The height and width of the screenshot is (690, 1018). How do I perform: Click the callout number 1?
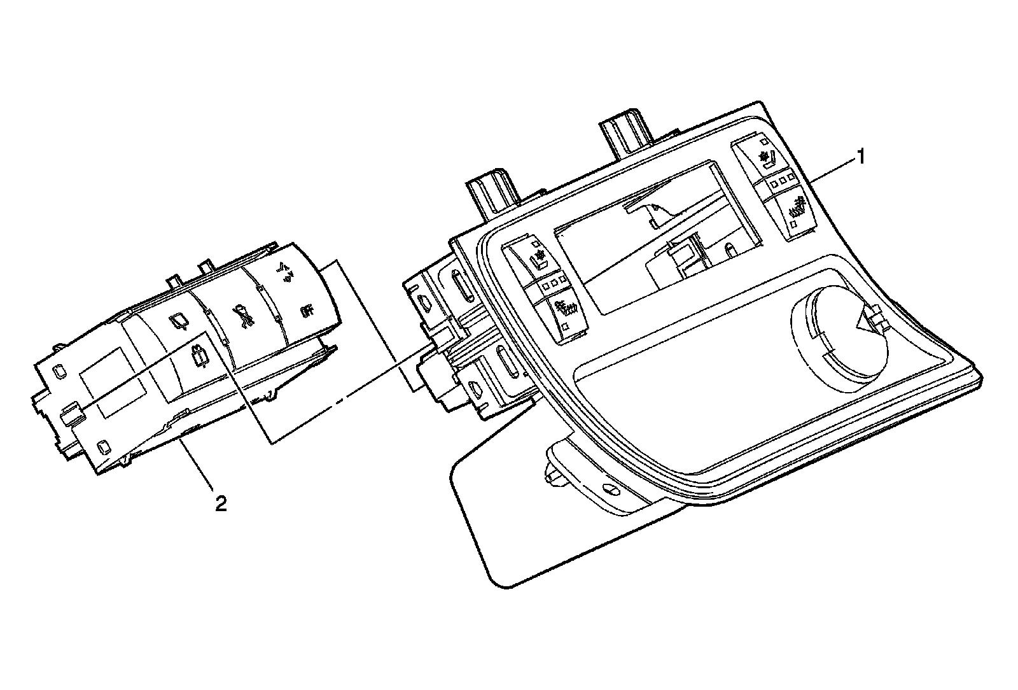tap(861, 156)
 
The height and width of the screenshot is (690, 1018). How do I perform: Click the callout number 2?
tap(220, 504)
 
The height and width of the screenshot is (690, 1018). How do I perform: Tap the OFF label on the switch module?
tap(307, 311)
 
